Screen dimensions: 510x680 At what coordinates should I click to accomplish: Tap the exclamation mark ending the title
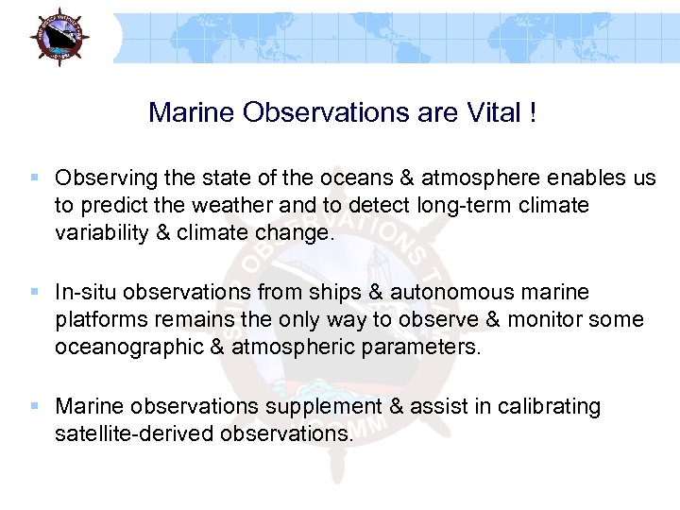click(534, 113)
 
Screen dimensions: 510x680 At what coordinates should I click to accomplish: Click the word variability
click(100, 232)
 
